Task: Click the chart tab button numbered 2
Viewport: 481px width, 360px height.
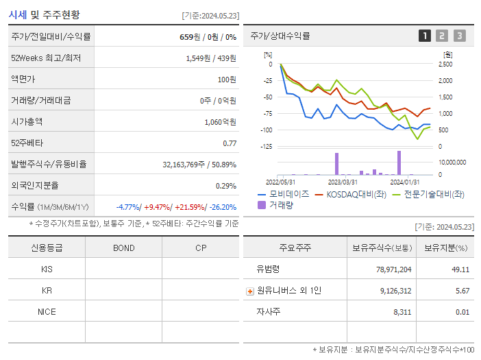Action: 442,36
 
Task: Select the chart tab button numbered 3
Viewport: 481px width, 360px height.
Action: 459,36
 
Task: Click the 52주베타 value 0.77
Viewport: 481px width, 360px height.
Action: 230,143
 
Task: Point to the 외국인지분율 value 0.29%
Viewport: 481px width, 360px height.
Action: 225,185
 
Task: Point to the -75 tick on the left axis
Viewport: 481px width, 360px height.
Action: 268,114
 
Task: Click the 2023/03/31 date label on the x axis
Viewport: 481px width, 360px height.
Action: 343,182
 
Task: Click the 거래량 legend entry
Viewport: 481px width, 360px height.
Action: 277,205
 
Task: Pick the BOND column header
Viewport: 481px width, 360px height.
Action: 123,248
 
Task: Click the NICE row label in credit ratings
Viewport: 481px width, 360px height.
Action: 47,311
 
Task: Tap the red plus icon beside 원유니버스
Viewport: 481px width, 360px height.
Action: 250,291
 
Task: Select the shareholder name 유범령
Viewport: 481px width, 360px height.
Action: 269,269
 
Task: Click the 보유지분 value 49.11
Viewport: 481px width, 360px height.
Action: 460,269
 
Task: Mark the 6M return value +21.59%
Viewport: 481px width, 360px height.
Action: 193,206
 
